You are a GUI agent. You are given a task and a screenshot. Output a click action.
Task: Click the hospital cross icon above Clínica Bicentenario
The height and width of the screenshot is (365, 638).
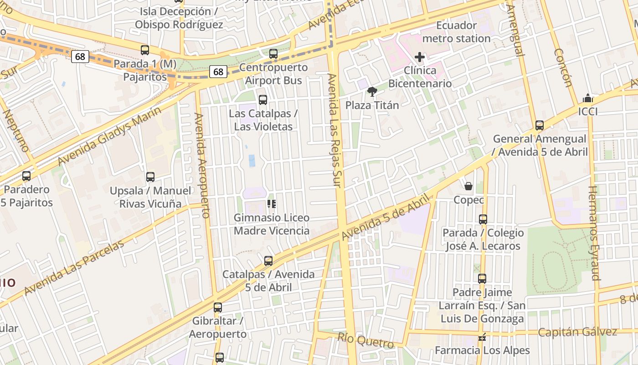pos(420,57)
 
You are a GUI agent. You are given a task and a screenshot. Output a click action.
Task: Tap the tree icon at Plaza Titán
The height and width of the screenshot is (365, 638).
pos(372,92)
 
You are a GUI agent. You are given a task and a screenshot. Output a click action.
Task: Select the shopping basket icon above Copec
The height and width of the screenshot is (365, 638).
pos(468,186)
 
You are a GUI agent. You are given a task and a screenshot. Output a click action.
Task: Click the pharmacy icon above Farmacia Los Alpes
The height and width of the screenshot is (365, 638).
pos(482,338)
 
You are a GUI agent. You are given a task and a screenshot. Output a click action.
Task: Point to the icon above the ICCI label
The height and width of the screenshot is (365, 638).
pos(588,98)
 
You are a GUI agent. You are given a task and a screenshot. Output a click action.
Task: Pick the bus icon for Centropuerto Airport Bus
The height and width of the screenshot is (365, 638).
pos(273,54)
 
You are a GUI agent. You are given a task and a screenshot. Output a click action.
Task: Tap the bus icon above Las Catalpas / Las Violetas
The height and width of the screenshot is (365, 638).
pos(263,100)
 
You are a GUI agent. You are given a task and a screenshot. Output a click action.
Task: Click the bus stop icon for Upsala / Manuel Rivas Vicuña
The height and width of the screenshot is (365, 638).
pos(150,177)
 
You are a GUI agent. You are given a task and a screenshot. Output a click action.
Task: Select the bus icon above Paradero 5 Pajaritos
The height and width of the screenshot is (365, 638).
pos(26,176)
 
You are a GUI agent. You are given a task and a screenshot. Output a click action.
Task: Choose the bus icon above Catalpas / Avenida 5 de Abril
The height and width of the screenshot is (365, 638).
pos(268,261)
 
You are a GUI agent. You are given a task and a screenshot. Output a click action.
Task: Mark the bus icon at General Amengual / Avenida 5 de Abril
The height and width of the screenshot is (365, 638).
pos(540,125)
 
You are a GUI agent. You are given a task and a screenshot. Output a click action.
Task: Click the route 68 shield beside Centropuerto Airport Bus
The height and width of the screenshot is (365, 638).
pos(218,72)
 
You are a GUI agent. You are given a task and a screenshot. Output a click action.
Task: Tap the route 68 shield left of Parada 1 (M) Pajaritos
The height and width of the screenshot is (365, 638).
pos(80,57)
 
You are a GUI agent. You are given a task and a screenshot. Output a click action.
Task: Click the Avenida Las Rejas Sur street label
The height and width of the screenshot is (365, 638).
pos(334,130)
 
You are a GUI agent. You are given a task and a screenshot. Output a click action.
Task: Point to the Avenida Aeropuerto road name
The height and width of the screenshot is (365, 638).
pos(201,165)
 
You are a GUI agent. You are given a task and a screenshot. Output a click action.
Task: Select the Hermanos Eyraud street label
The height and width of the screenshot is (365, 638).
pos(594,233)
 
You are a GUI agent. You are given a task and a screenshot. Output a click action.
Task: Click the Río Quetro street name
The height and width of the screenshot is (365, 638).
pos(365,340)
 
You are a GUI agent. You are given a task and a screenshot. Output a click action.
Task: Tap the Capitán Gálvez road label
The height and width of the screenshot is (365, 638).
pos(577,332)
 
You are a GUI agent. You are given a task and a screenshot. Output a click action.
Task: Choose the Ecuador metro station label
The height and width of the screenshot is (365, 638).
pos(456,32)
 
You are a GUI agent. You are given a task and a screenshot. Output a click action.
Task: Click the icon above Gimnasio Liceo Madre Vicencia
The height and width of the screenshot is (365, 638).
pos(272,204)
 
